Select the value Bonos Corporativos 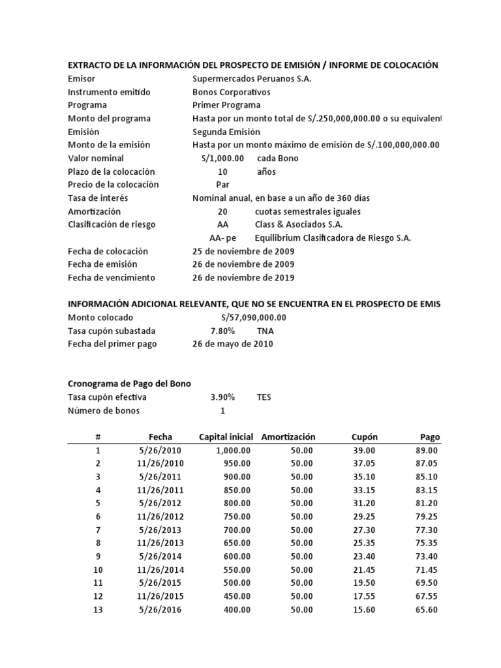pyautogui.click(x=231, y=92)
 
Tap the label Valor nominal pyautogui.click(x=96, y=159)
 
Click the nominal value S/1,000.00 pyautogui.click(x=222, y=159)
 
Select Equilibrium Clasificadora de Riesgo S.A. pyautogui.click(x=333, y=238)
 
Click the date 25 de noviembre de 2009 pyautogui.click(x=243, y=251)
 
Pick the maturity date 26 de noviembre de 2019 pyautogui.click(x=243, y=278)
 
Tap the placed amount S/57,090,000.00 pyautogui.click(x=249, y=318)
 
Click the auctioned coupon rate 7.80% pyautogui.click(x=222, y=331)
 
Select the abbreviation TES pyautogui.click(x=264, y=397)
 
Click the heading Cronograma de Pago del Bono pyautogui.click(x=129, y=384)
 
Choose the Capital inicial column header pyautogui.click(x=226, y=437)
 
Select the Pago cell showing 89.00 pyautogui.click(x=425, y=450)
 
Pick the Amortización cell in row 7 pyautogui.click(x=301, y=530)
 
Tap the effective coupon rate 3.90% pyautogui.click(x=222, y=397)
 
